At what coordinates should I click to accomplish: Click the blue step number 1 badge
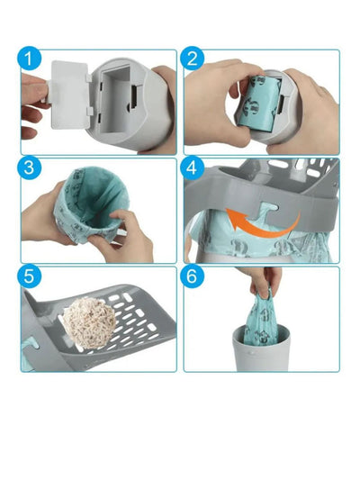(29, 59)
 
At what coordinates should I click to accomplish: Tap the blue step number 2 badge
(192, 59)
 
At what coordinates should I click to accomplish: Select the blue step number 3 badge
(29, 168)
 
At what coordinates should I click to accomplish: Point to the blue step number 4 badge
(192, 168)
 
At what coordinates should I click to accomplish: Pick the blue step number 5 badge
(29, 276)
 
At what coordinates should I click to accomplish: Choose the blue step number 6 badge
(192, 276)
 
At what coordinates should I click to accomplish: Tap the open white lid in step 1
(70, 95)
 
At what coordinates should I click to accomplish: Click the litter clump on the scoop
(90, 322)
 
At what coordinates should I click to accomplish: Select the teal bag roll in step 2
(259, 104)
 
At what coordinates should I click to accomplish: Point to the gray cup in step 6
(262, 349)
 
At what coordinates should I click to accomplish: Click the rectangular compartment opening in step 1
(115, 99)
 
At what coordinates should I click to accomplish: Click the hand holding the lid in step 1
(34, 105)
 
